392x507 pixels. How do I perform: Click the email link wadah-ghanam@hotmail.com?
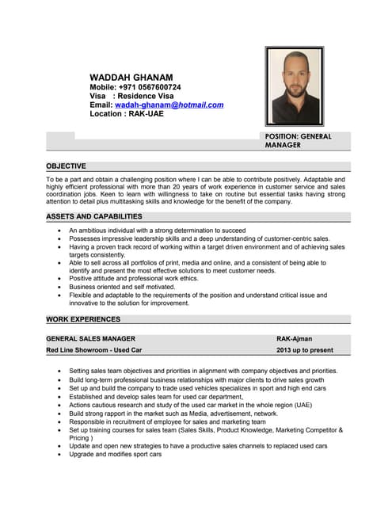(169, 105)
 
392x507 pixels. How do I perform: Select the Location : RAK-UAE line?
(127, 114)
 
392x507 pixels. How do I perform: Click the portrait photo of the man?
(294, 86)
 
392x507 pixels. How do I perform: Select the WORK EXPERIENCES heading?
(83, 319)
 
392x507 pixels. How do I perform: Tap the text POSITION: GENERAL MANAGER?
(298, 141)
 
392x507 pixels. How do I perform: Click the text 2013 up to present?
(305, 349)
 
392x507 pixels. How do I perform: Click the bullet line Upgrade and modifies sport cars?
(115, 455)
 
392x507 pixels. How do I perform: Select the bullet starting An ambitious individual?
(157, 231)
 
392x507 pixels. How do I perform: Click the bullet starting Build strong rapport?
(173, 414)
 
